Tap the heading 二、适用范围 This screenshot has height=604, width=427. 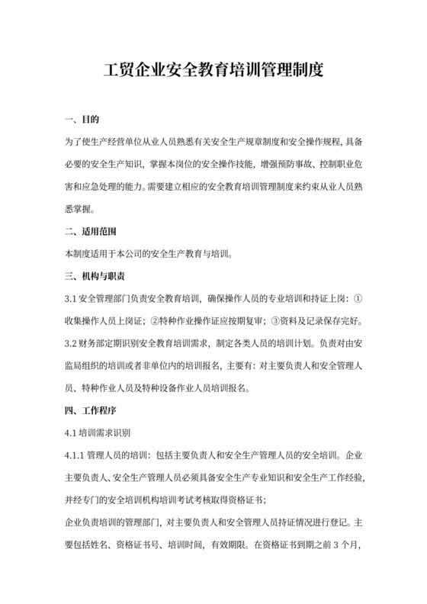coord(91,230)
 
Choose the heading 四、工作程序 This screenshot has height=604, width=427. coord(91,410)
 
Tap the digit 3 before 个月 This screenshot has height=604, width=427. coord(335,545)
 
